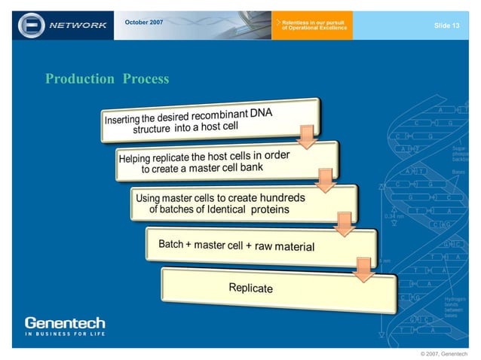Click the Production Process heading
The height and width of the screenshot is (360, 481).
click(x=107, y=79)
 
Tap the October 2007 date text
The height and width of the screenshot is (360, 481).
click(x=143, y=23)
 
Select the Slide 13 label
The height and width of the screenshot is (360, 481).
click(x=446, y=26)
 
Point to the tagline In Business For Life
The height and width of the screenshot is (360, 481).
click(x=65, y=334)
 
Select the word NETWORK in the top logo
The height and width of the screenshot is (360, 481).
click(x=78, y=26)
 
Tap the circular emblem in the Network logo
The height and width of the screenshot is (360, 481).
click(x=32, y=25)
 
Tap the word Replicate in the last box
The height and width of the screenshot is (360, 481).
click(x=251, y=288)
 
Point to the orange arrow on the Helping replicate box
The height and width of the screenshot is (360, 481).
click(x=325, y=179)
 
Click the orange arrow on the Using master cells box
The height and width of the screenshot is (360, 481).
click(x=344, y=222)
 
